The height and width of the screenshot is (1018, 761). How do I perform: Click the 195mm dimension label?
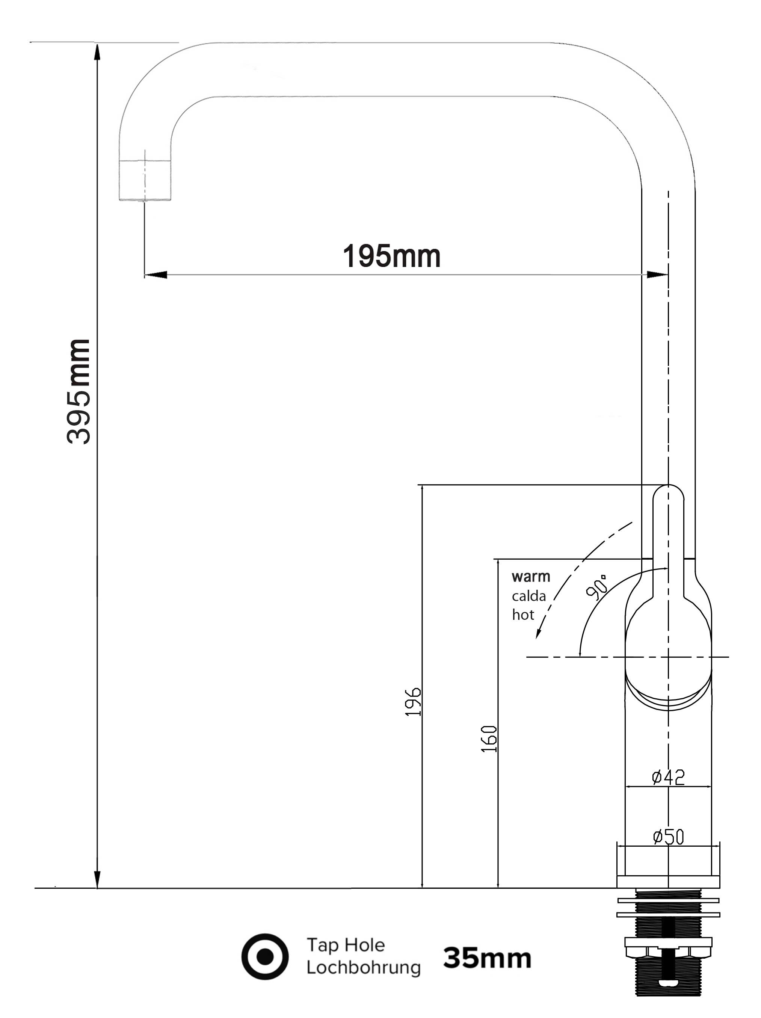391,256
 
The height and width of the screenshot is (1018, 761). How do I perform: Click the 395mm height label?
78,392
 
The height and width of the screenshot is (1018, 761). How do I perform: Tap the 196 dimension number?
413,701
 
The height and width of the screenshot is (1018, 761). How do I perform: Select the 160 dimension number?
489,739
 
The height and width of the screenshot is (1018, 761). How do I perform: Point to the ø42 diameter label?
668,777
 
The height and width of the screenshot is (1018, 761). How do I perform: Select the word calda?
528,596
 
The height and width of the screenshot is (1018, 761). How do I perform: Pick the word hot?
523,615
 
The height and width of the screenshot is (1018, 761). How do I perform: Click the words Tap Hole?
346,945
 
